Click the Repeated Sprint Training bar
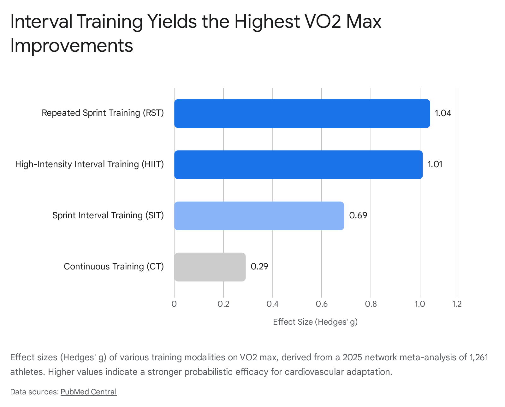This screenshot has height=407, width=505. tap(302, 114)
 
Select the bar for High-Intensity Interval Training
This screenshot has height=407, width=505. tap(298, 165)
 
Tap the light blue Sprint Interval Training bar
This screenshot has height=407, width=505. tap(259, 216)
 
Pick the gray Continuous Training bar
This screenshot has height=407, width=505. tap(210, 267)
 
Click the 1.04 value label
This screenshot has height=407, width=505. tap(443, 113)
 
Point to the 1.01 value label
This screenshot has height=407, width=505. tap(435, 164)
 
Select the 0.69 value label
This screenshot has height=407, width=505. tap(358, 215)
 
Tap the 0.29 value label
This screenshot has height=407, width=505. tap(259, 267)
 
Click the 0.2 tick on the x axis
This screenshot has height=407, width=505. tap(223, 304)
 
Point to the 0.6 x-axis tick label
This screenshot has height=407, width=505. tap(322, 304)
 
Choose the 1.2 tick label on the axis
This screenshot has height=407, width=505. tap(457, 304)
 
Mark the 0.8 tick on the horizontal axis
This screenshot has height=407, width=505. tap(371, 304)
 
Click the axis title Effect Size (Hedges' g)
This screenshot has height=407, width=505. tap(315, 322)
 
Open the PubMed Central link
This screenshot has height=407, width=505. tap(88, 392)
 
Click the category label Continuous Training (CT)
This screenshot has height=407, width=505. tap(114, 267)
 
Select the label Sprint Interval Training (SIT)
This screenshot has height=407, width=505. tap(108, 215)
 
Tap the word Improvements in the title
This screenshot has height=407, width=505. tap(72, 46)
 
